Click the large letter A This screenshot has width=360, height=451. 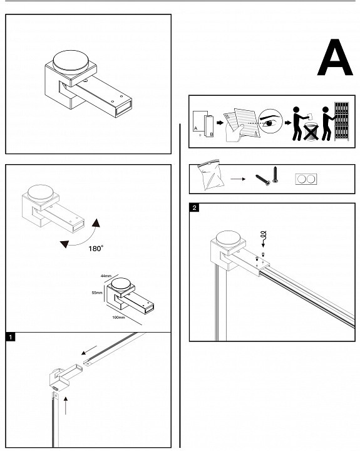pyautogui.click(x=335, y=58)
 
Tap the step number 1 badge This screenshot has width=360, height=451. pyautogui.click(x=11, y=337)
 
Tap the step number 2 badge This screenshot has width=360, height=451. pyautogui.click(x=194, y=207)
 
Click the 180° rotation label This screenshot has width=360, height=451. pyautogui.click(x=96, y=248)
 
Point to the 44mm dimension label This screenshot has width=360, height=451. pyautogui.click(x=106, y=276)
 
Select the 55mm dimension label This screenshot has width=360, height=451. pyautogui.click(x=97, y=293)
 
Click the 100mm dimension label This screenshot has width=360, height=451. pyautogui.click(x=118, y=318)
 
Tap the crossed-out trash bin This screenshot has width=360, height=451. pyautogui.click(x=311, y=132)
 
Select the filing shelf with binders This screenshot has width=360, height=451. pyautogui.click(x=341, y=122)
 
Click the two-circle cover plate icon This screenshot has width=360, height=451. pyautogui.click(x=306, y=179)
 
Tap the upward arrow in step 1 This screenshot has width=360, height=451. pyautogui.click(x=66, y=405)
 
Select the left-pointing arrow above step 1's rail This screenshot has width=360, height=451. pyautogui.click(x=89, y=350)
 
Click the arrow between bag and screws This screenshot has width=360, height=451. pyautogui.click(x=238, y=179)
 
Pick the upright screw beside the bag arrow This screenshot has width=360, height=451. pyautogui.click(x=275, y=175)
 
